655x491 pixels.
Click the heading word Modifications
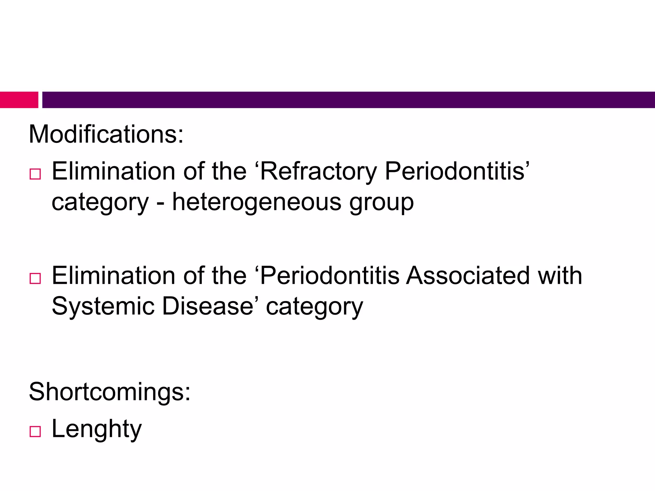point(106,134)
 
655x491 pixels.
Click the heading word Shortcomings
point(109,392)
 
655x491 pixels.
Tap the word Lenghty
point(96,429)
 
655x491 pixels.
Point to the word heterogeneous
point(257,202)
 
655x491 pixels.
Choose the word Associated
point(468,276)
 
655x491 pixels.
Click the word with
point(560,276)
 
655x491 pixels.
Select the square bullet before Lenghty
point(35,432)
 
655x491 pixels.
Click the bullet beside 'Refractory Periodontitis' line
point(35,174)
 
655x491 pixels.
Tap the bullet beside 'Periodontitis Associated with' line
point(35,278)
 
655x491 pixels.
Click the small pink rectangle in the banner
point(19,100)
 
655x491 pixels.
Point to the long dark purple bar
point(349,100)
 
